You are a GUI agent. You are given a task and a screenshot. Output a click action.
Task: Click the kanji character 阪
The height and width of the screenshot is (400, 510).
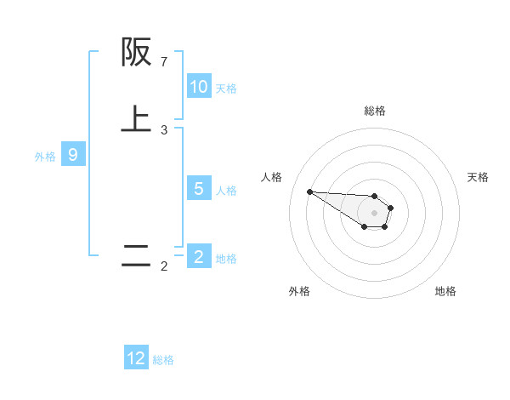pyautogui.click(x=136, y=53)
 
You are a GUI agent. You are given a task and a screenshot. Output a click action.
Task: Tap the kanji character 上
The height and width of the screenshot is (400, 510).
pyautogui.click(x=136, y=119)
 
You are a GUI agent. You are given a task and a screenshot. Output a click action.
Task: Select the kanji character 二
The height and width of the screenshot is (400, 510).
pyautogui.click(x=136, y=256)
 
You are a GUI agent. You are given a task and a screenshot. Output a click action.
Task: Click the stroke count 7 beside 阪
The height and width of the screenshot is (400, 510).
pyautogui.click(x=164, y=62)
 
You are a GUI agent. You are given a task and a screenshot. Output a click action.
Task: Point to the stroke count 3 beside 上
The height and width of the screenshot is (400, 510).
pyautogui.click(x=164, y=130)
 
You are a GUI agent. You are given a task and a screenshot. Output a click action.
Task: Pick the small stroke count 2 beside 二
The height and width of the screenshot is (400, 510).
pyautogui.click(x=164, y=267)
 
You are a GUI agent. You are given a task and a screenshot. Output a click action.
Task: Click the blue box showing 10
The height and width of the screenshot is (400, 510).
pyautogui.click(x=199, y=87)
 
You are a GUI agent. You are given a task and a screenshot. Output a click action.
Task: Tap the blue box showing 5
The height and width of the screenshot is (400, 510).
pyautogui.click(x=199, y=189)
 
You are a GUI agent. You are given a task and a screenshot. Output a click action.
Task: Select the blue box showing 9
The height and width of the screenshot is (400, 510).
pyautogui.click(x=73, y=155)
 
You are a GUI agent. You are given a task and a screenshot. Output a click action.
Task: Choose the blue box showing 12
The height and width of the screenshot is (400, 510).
pyautogui.click(x=136, y=358)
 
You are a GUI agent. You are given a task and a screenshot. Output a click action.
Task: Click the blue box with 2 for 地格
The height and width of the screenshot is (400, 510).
pyautogui.click(x=199, y=257)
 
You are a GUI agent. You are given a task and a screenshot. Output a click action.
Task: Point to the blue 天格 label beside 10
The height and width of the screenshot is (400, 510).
pyautogui.click(x=226, y=88)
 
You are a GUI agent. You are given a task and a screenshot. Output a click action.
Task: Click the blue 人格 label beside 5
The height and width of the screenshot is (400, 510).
pyautogui.click(x=226, y=190)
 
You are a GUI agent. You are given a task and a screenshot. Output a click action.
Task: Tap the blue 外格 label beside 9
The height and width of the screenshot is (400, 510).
pyautogui.click(x=45, y=156)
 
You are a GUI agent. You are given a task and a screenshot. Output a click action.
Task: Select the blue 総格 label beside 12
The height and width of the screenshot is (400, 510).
pyautogui.click(x=163, y=359)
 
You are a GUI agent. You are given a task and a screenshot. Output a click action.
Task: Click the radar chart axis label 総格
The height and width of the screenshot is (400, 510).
pyautogui.click(x=374, y=111)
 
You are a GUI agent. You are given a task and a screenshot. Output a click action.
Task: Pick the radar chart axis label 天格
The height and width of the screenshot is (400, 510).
pyautogui.click(x=478, y=177)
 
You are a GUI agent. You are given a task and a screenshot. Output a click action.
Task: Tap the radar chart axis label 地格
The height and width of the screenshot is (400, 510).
pyautogui.click(x=445, y=291)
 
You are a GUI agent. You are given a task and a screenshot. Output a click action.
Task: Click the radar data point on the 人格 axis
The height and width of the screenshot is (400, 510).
pyautogui.click(x=309, y=191)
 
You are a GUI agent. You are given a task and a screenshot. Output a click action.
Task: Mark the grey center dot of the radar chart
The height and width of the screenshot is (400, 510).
pyautogui.click(x=374, y=213)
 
